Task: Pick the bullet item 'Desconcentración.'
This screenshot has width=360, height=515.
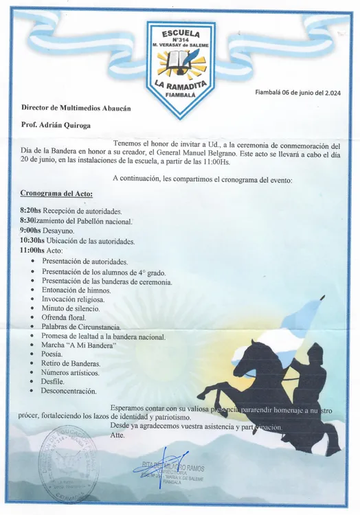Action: (x=69, y=391)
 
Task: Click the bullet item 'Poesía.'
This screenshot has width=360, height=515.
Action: (x=54, y=354)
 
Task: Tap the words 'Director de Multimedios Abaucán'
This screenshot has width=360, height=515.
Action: (x=76, y=108)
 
